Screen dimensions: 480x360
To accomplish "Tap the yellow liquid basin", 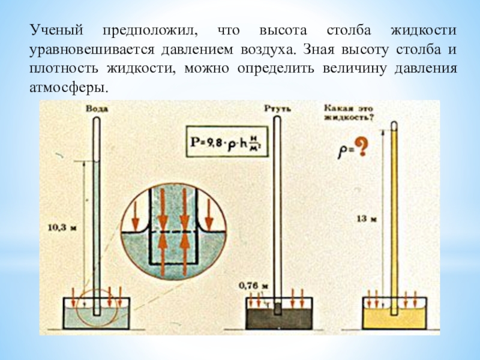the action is click(393, 315).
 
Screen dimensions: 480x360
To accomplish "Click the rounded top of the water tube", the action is click(97, 119).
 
